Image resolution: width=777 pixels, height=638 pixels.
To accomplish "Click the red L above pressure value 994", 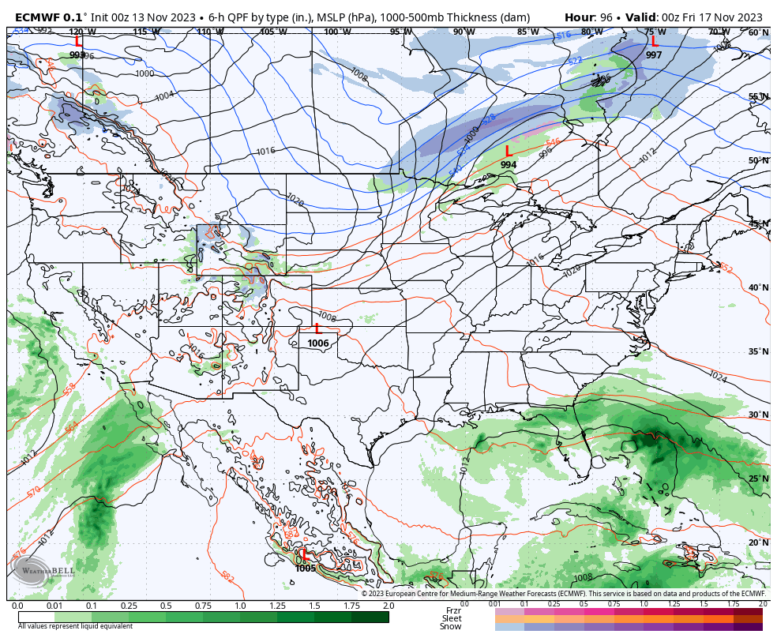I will coord(508,151).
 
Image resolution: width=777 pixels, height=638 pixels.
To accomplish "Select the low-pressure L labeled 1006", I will coord(317,329).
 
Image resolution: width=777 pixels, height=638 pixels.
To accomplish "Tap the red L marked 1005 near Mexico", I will coord(306,555).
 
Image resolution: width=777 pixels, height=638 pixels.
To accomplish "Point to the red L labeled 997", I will coord(654,42).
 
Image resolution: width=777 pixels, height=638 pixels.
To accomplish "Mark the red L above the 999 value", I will coord(77,42).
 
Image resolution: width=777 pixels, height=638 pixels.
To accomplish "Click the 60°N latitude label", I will coord(758,32).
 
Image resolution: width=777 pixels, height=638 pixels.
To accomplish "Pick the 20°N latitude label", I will coord(758,542).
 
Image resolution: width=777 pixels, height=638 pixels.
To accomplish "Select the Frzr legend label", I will coord(453,610).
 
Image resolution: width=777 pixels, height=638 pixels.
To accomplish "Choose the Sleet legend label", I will coord(452,618).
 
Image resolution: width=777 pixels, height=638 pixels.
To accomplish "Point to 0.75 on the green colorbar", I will coord(203,606).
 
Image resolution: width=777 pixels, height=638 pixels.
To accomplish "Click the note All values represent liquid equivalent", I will coord(75,626).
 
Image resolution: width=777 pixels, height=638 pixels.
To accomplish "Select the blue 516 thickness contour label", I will coord(563,36).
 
